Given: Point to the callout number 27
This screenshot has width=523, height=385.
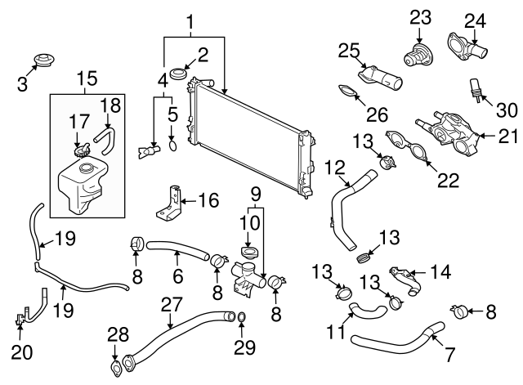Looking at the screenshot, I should click(171, 305).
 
